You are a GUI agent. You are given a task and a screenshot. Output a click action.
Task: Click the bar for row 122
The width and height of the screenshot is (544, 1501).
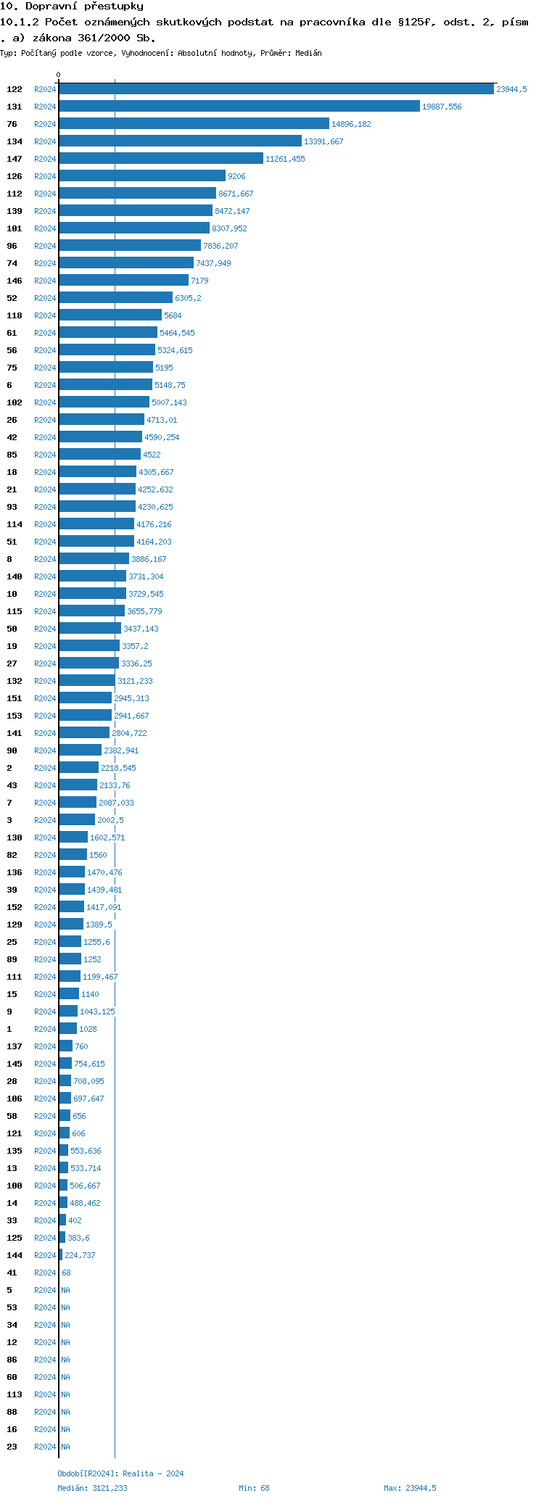pos(276,89)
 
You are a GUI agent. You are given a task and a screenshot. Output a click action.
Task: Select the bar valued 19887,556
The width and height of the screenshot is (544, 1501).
pos(239,107)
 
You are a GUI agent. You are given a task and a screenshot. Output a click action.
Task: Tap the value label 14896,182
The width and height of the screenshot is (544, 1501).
pos(351,124)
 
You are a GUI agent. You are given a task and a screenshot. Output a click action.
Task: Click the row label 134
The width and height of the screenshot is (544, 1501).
pos(15,141)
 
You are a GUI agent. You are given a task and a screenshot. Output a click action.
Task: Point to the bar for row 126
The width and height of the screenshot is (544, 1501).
pos(142,176)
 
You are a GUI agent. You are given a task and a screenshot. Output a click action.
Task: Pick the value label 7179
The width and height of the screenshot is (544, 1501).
pos(199,281)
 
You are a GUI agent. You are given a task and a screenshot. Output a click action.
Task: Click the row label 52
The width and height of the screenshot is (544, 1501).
pos(12,298)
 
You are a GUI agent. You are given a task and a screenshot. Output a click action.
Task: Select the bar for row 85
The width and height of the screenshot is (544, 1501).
pos(100,455)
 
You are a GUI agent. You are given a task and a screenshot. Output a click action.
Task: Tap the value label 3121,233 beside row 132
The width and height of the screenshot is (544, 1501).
pos(135,681)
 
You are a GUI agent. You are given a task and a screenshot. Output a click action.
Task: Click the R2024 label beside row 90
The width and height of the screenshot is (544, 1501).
pos(45,750)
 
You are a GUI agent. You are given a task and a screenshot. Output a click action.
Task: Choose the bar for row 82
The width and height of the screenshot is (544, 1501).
pos(73,855)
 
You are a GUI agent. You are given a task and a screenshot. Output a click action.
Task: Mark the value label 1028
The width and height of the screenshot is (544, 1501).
pos(88,1029)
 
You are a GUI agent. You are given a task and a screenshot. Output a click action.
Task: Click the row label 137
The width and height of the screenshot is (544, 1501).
pos(15,1046)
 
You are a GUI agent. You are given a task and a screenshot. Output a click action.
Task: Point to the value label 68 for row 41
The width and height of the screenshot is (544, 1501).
pos(66,1273)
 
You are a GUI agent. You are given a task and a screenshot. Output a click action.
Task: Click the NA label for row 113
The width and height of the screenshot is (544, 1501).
pos(65,1394)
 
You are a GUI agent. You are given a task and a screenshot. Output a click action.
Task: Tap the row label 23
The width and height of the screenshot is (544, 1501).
pos(12,1447)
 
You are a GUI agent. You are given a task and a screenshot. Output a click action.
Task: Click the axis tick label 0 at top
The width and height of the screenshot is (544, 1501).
pos(59,75)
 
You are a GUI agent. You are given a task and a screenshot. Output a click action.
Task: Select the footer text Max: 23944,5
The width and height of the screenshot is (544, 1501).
pos(410,1488)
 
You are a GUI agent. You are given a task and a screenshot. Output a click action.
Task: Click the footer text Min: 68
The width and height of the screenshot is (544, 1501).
pos(254,1488)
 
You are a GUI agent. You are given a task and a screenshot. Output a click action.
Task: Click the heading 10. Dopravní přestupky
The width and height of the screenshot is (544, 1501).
pos(72,7)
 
